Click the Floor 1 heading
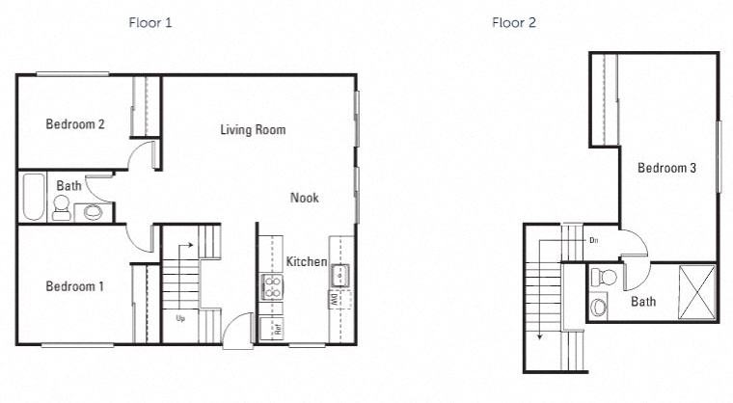tap(150, 22)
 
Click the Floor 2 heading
tap(514, 22)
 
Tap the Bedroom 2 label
tap(75, 124)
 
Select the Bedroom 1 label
tap(75, 286)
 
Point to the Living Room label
tap(253, 129)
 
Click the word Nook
tap(305, 198)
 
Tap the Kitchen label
tap(307, 262)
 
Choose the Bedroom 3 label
tap(666, 168)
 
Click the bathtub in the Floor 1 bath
tap(33, 198)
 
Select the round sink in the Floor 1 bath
tap(94, 212)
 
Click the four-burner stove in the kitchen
tap(271, 286)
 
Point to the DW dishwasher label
tap(333, 301)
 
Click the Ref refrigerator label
tap(277, 329)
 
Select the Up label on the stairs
tap(179, 316)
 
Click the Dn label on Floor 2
tap(593, 239)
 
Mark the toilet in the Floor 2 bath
tap(607, 279)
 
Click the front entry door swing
tap(234, 331)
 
